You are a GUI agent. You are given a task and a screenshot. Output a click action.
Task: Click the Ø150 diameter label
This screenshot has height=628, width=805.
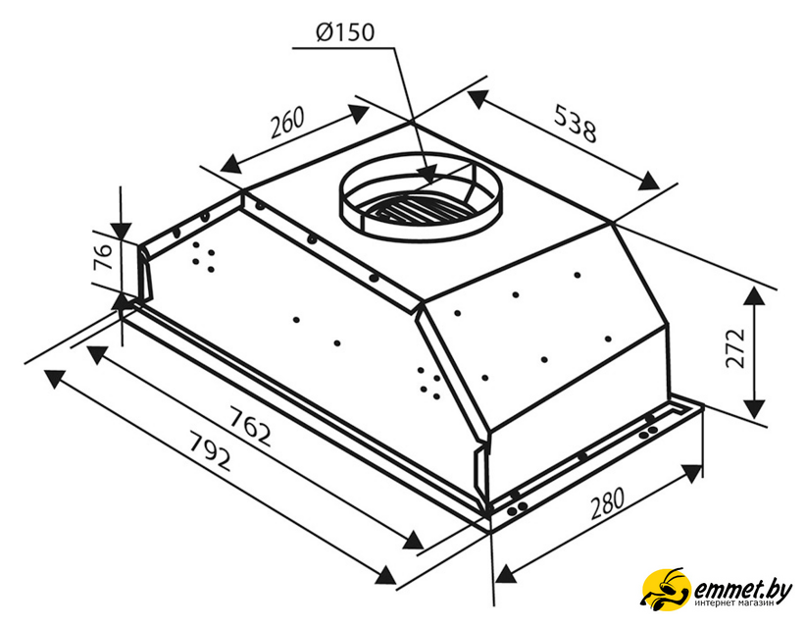pyautogui.click(x=345, y=32)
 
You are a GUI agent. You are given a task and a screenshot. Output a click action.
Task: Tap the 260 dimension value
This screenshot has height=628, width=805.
pyautogui.click(x=287, y=123)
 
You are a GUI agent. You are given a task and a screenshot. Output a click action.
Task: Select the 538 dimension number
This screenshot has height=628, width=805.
pyautogui.click(x=576, y=124)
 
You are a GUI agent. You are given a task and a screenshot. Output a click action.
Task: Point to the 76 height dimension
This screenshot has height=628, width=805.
pyautogui.click(x=103, y=257)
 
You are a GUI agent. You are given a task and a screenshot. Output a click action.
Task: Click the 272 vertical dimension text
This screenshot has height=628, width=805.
pyautogui.click(x=735, y=348)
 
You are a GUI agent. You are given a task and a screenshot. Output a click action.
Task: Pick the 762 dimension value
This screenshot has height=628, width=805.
pyautogui.click(x=249, y=426)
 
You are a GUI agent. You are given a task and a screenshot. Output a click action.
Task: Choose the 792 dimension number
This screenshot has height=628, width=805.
pyautogui.click(x=210, y=452)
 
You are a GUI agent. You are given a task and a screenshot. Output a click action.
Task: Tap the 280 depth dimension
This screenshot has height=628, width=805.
pyautogui.click(x=607, y=503)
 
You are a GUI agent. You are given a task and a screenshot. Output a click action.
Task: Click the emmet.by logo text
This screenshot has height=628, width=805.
pyautogui.click(x=742, y=589)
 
